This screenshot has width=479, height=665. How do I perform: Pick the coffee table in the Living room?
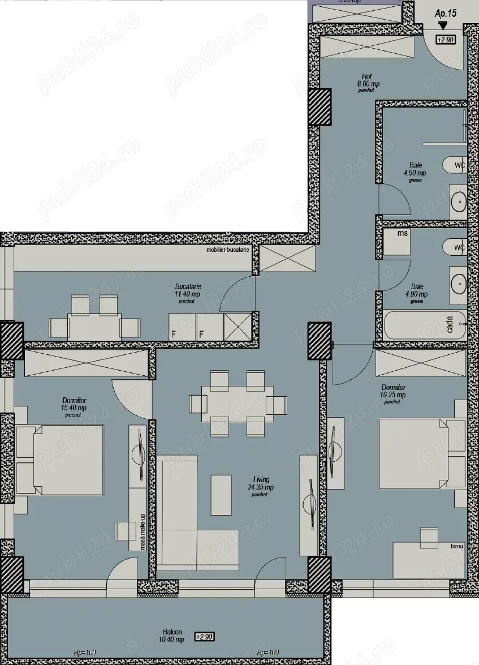pos(221,494)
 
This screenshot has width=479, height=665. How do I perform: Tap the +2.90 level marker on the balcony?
pos(205,636)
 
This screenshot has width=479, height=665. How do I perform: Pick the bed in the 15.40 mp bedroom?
pos(59,461)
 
